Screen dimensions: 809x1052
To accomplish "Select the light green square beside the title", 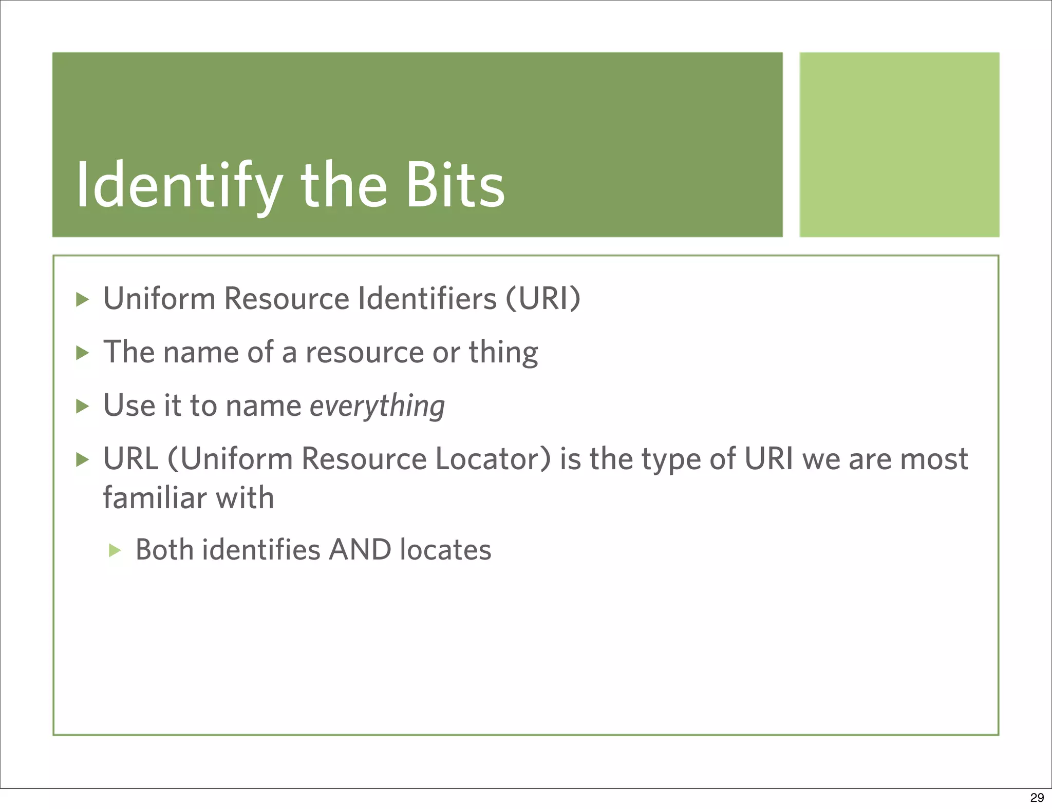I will tap(899, 144).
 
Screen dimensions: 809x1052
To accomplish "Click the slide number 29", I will tap(1037, 797).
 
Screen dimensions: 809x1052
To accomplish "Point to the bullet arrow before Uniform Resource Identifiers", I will tap(82, 299).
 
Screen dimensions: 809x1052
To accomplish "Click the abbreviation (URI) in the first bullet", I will tap(543, 298).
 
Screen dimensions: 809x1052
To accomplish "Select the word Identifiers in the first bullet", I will tap(427, 298).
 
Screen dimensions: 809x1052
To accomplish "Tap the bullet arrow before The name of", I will tap(82, 353).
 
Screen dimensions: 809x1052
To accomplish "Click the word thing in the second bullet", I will tap(503, 353).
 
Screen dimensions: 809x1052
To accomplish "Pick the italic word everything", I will tap(377, 406).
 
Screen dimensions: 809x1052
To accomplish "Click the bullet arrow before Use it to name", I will tap(82, 407).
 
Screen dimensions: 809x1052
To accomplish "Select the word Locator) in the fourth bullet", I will tap(493, 458).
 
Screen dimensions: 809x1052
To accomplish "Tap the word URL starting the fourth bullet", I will tap(131, 458).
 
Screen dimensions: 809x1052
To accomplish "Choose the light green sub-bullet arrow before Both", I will tap(115, 551).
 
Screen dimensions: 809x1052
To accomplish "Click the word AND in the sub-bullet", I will tap(360, 550).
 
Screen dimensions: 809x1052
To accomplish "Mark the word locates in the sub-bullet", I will tap(445, 550).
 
